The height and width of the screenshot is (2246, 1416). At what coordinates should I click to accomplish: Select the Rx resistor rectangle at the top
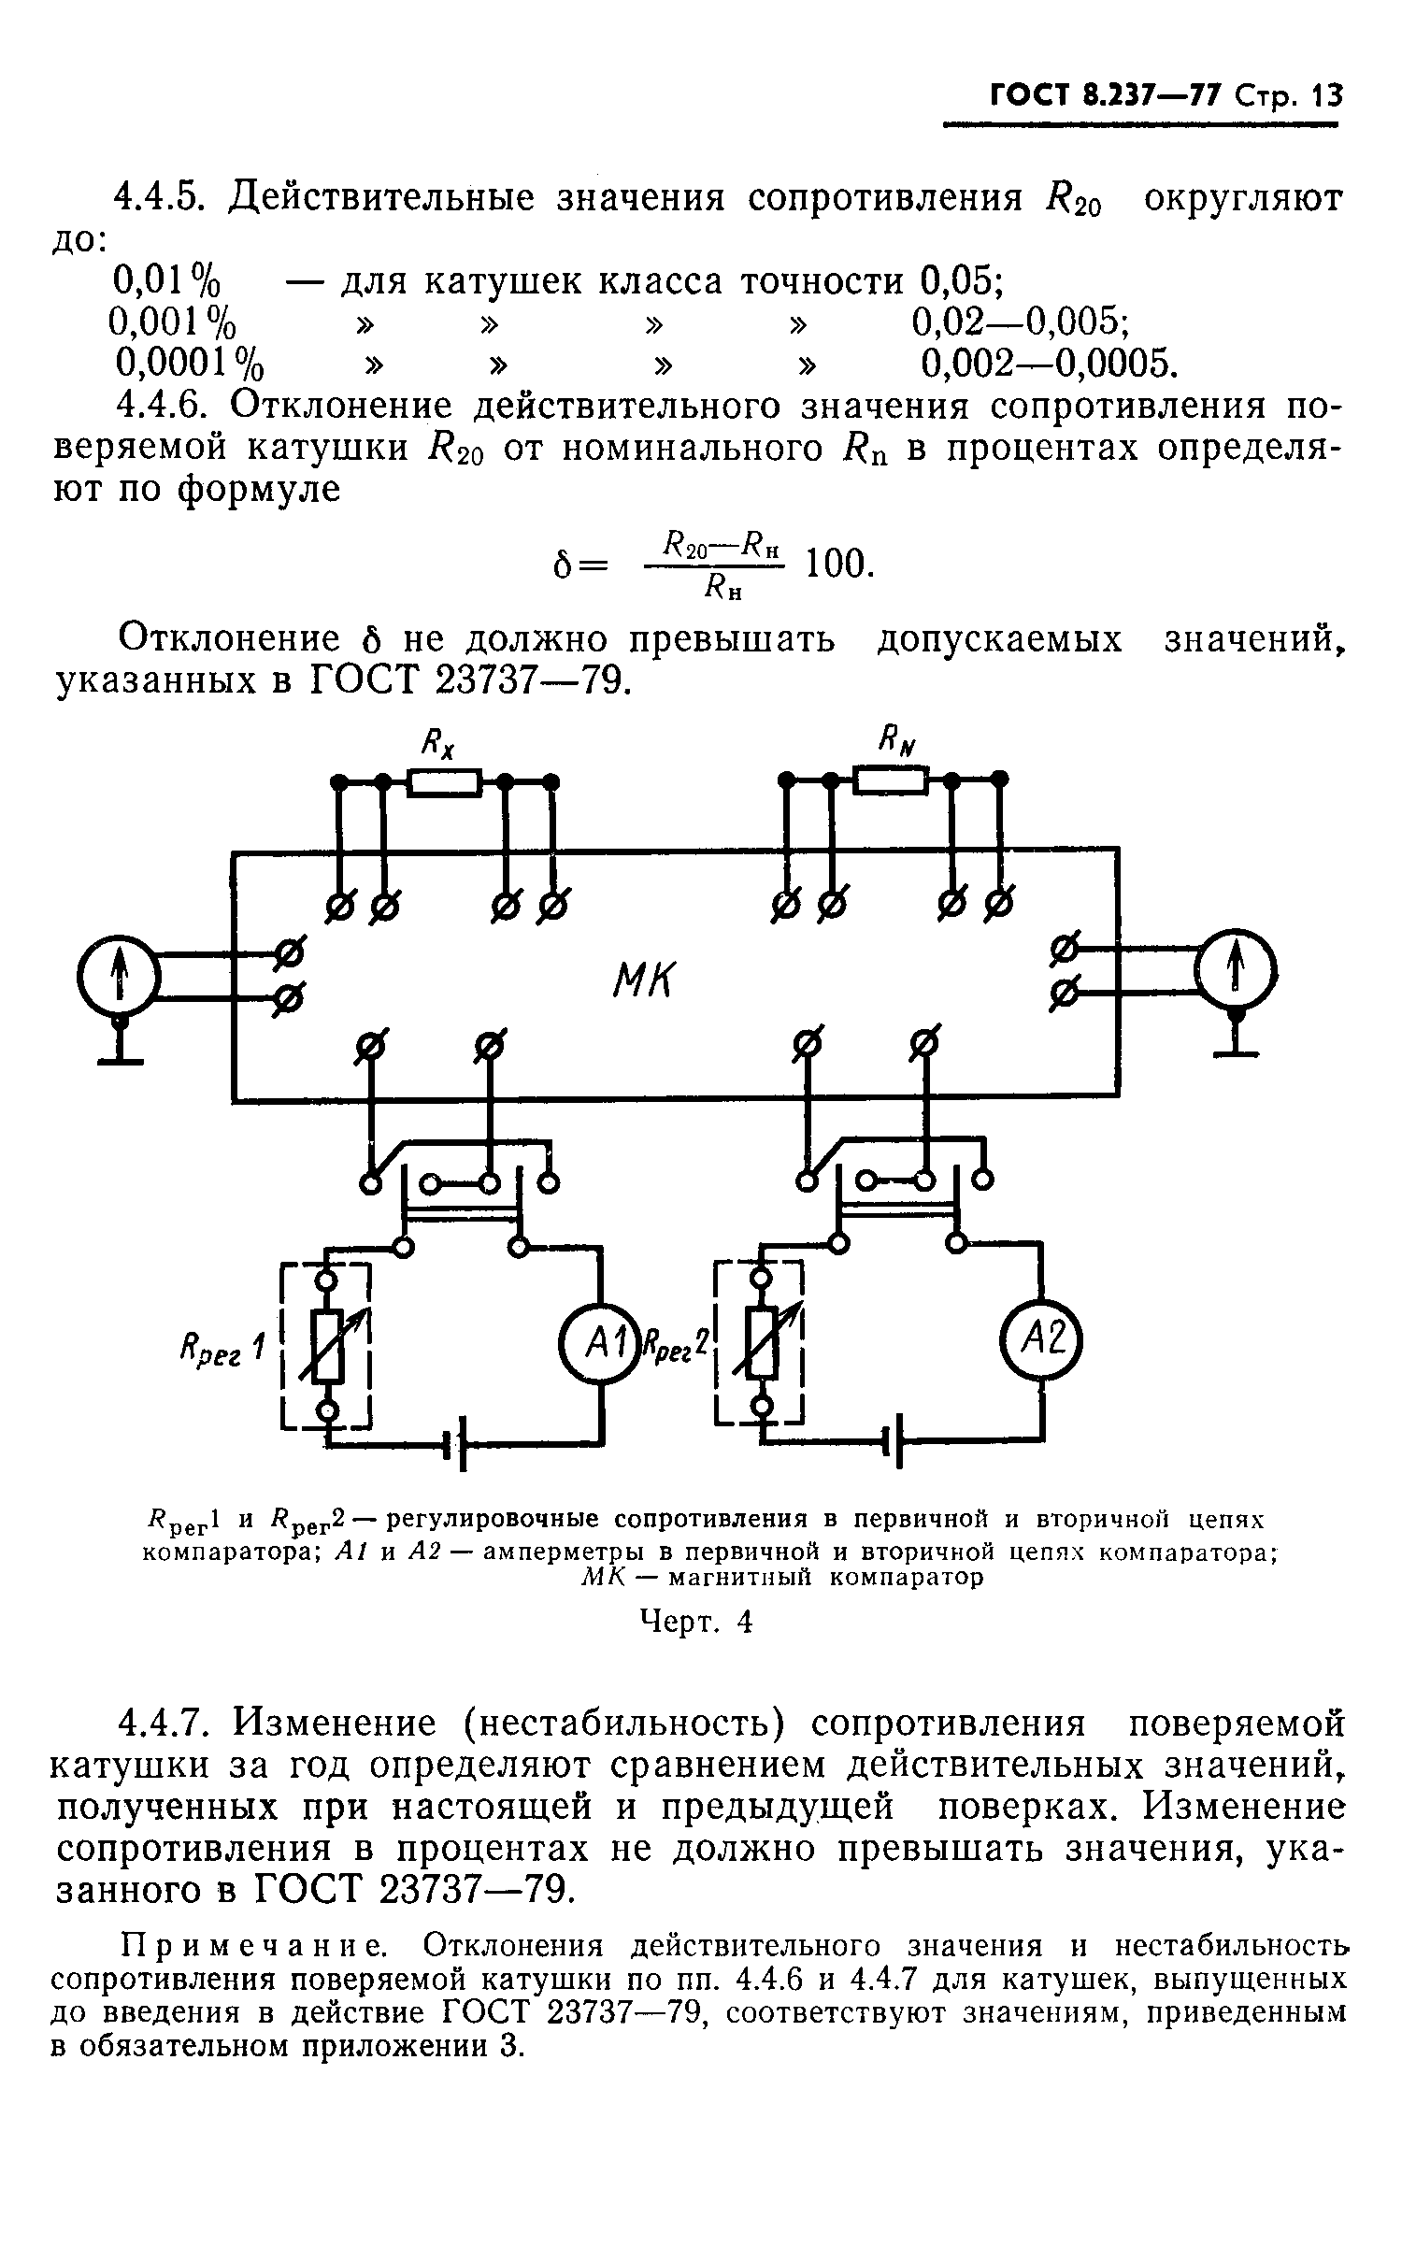(444, 781)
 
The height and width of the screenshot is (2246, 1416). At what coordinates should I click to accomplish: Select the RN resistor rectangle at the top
(891, 779)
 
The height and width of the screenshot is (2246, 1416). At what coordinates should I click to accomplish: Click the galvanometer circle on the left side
(120, 978)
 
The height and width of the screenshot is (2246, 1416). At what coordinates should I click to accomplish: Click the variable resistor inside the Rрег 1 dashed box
(327, 1347)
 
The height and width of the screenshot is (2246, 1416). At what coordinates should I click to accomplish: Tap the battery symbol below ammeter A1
(456, 1448)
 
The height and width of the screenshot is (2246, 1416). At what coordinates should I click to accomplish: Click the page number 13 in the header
(1326, 95)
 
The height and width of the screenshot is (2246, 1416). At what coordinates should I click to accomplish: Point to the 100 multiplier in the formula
(837, 563)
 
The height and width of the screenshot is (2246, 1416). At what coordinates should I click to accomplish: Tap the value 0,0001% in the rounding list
(188, 361)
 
